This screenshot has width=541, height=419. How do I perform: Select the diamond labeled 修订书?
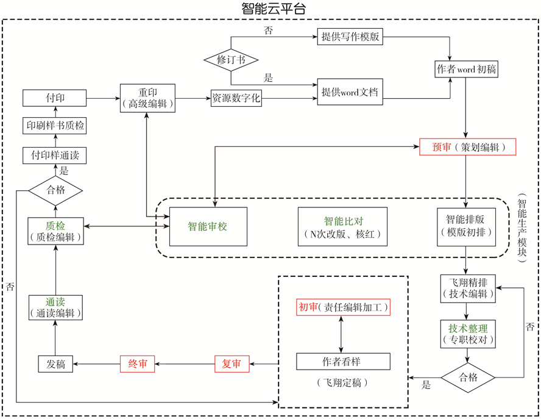point(231,60)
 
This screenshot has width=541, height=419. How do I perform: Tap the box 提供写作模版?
point(350,37)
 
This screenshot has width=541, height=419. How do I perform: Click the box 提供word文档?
point(350,92)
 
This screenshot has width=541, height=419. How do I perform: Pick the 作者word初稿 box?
point(466,69)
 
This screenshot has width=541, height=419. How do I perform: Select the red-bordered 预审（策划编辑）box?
point(467,147)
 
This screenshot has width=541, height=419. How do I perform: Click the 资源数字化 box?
point(236,98)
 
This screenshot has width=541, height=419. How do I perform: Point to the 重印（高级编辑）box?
point(147,98)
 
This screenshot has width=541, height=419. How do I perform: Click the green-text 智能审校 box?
point(208,226)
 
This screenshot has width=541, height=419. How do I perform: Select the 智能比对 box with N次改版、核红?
point(343,226)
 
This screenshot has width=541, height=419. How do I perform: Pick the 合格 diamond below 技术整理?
point(468,378)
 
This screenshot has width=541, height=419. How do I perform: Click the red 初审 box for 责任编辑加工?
point(343,307)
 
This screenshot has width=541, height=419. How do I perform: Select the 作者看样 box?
point(343,362)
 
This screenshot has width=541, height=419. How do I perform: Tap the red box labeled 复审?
point(232,364)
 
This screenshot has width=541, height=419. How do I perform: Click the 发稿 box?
point(55,364)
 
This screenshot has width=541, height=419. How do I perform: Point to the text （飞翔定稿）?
point(343,383)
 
